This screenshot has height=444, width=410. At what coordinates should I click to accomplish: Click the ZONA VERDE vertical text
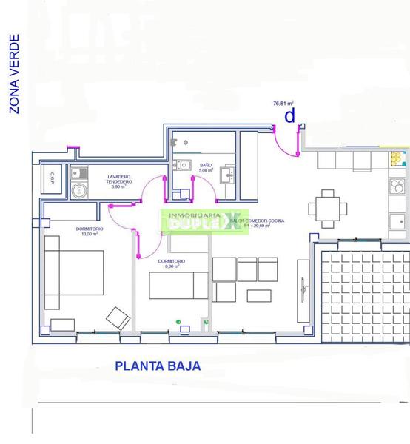click(x=13, y=74)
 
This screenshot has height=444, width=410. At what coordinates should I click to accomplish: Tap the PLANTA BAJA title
click(x=158, y=366)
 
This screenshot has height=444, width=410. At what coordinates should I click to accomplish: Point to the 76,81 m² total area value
click(x=283, y=104)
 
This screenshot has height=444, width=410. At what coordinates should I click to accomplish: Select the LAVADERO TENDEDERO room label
click(x=119, y=182)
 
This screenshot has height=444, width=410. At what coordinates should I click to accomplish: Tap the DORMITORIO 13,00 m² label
click(x=90, y=232)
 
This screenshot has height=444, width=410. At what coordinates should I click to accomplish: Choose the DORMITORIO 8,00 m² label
click(x=172, y=264)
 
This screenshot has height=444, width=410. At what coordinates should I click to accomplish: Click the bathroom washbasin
click(x=229, y=175)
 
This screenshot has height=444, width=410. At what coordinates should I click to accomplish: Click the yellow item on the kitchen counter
click(x=398, y=158)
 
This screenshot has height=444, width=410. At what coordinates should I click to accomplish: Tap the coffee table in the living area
click(x=258, y=295)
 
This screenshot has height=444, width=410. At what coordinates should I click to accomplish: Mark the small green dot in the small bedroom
click(x=178, y=320)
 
